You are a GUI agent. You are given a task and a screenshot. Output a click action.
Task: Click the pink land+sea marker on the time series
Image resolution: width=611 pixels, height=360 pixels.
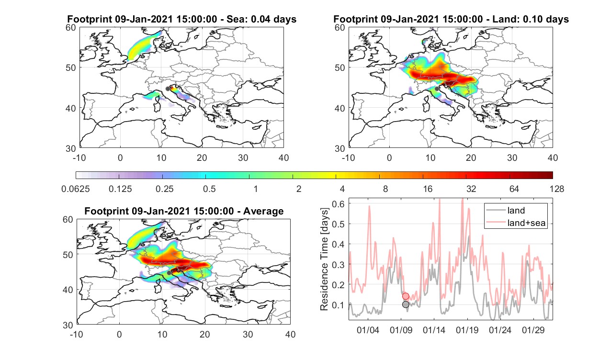[406, 296]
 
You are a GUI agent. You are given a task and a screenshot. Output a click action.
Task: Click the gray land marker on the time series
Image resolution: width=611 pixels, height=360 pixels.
[406, 304]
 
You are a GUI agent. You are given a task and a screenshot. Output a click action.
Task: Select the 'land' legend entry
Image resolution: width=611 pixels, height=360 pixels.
[516, 210]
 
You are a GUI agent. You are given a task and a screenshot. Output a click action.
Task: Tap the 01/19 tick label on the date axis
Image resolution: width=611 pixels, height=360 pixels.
[467, 330]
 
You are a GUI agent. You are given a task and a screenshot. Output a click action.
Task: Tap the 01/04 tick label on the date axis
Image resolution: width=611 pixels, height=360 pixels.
[368, 330]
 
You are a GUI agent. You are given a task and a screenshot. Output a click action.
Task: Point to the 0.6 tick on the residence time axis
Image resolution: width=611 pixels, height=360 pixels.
[338, 204]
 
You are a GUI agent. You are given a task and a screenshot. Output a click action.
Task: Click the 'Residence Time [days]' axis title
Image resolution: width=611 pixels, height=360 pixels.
[324, 259]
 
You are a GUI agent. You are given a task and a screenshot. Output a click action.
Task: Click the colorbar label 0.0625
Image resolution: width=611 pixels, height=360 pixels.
[76, 189]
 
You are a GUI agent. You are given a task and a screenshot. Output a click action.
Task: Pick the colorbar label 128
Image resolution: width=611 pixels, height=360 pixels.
[557, 189]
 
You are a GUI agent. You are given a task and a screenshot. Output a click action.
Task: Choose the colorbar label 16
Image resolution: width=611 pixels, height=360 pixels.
[428, 189]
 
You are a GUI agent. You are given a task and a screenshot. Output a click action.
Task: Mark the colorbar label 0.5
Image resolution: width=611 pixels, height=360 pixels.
[209, 189]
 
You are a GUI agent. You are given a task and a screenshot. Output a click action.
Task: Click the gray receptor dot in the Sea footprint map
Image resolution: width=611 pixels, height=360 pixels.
[168, 89]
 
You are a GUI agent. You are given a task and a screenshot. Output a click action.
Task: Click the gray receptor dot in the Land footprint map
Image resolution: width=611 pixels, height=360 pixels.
[437, 89]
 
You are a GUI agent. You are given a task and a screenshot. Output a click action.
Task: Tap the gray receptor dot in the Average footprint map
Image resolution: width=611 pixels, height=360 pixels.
[169, 273]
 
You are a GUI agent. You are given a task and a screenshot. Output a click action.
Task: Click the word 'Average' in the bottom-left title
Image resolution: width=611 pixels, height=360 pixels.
[263, 211]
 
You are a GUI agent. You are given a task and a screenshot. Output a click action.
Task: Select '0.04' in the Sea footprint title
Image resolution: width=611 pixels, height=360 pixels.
[260, 19]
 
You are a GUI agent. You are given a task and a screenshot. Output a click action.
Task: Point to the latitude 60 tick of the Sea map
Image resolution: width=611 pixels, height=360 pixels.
[71, 28]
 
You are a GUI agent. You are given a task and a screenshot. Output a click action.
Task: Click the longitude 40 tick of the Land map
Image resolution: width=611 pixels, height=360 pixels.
[553, 158]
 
